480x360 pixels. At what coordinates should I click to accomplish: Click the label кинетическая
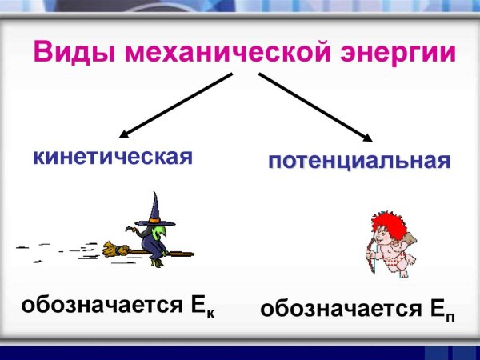click(113, 156)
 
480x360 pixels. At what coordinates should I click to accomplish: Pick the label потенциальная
click(358, 162)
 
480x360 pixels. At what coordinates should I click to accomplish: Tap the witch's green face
click(159, 233)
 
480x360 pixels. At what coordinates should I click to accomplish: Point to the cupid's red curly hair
click(386, 223)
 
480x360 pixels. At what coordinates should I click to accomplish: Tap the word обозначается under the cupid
click(339, 309)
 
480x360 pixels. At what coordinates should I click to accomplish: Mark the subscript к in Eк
click(211, 311)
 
